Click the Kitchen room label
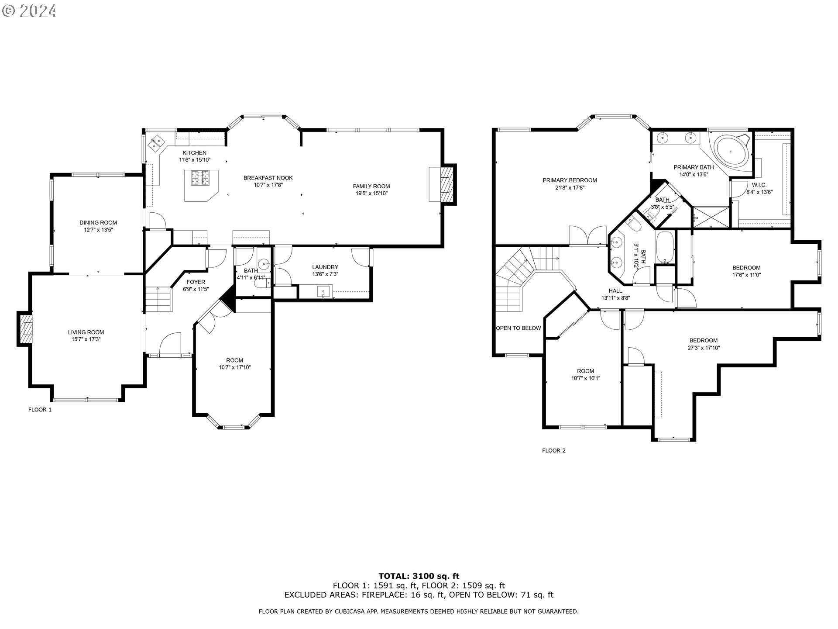[x=194, y=153]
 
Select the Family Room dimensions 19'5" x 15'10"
[x=371, y=193]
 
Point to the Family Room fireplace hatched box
[x=445, y=184]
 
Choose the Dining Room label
[x=98, y=223]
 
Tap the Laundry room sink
[x=323, y=291]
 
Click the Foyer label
[x=196, y=282]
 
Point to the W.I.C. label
[x=759, y=185]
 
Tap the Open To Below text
[x=518, y=328]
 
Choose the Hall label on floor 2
[x=615, y=291]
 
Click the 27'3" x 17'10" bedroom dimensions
[x=704, y=348]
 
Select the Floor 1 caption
[x=40, y=410]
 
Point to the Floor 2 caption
[x=554, y=450]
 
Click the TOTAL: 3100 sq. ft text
[x=419, y=576]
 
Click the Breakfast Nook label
[x=268, y=178]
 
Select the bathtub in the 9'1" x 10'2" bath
[x=665, y=248]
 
